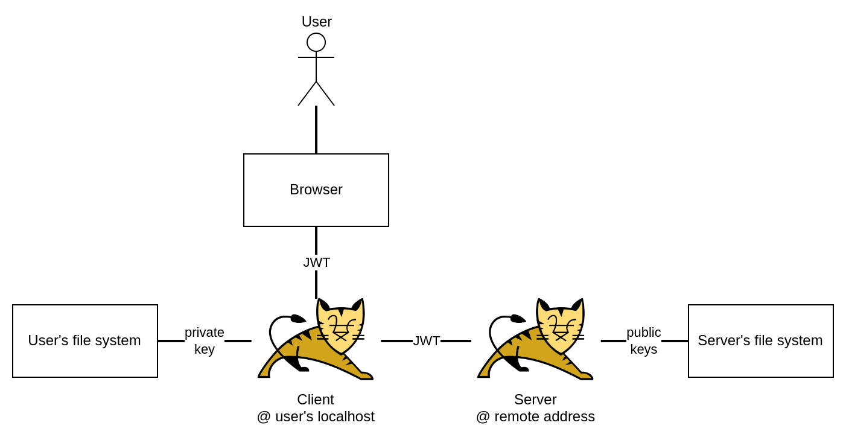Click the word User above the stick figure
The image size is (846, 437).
316,22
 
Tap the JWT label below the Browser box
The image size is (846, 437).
316,263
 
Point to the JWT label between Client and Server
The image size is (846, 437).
427,341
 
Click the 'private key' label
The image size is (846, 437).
205,340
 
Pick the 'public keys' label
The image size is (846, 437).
644,340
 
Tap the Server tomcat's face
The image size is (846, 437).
561,327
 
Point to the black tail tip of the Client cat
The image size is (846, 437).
298,319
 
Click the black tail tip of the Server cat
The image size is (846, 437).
518,319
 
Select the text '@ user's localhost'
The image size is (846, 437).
316,416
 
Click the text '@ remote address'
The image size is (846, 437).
536,416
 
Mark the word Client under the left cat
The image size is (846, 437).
316,399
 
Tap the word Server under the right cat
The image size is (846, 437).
536,399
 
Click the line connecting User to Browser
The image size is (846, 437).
316,130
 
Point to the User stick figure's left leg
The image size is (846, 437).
307,94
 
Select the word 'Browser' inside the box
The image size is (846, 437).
316,190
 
